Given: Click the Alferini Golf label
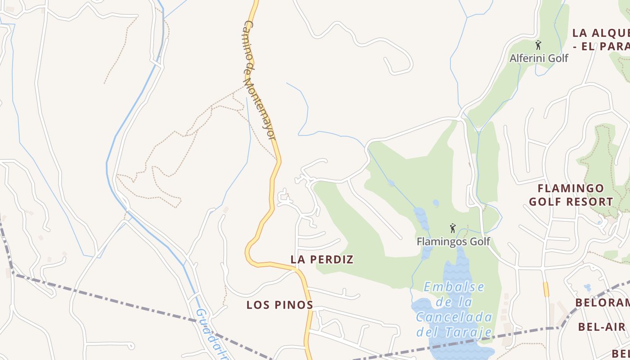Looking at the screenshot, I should point(539,58).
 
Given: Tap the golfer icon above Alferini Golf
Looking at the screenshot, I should point(538,45).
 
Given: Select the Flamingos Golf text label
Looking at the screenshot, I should point(453,242).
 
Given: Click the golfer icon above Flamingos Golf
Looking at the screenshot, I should point(453,228).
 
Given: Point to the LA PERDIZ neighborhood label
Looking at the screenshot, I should point(322,260).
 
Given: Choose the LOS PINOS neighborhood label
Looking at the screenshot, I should point(279,305).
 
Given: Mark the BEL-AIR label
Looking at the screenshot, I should point(602,327).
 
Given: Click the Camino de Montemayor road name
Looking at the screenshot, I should point(259,80).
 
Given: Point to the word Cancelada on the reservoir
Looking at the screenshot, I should point(454,317).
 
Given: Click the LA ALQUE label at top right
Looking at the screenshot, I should point(600,33).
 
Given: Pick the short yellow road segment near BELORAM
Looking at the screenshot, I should point(546,289).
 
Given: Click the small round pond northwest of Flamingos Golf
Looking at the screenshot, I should point(436,203).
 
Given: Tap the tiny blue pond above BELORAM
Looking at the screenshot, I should point(587,287).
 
